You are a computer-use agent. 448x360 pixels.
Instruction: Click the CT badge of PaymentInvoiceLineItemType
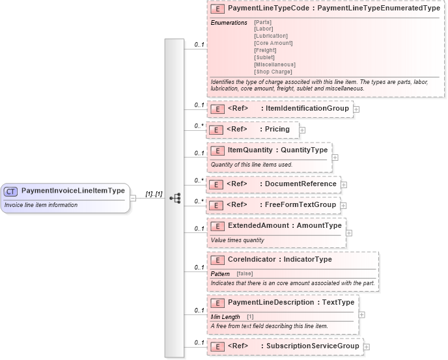(x=10, y=191)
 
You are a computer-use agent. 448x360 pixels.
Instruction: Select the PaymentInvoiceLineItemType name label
(x=73, y=191)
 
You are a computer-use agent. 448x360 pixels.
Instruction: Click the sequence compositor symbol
(x=175, y=198)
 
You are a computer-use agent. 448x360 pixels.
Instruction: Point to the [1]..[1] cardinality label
(x=154, y=194)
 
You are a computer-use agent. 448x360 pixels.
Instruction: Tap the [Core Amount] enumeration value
(x=273, y=43)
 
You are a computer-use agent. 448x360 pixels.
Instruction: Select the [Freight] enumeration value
(x=265, y=50)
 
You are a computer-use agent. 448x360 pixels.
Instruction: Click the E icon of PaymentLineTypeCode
(x=218, y=9)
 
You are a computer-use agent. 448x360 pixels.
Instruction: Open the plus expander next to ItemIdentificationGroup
(x=357, y=109)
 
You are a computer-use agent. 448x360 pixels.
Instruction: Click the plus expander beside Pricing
(x=302, y=130)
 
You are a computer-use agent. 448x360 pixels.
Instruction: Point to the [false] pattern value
(x=245, y=273)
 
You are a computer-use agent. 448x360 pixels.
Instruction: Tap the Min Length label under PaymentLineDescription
(x=225, y=316)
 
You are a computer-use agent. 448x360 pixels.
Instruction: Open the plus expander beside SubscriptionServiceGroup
(x=367, y=347)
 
